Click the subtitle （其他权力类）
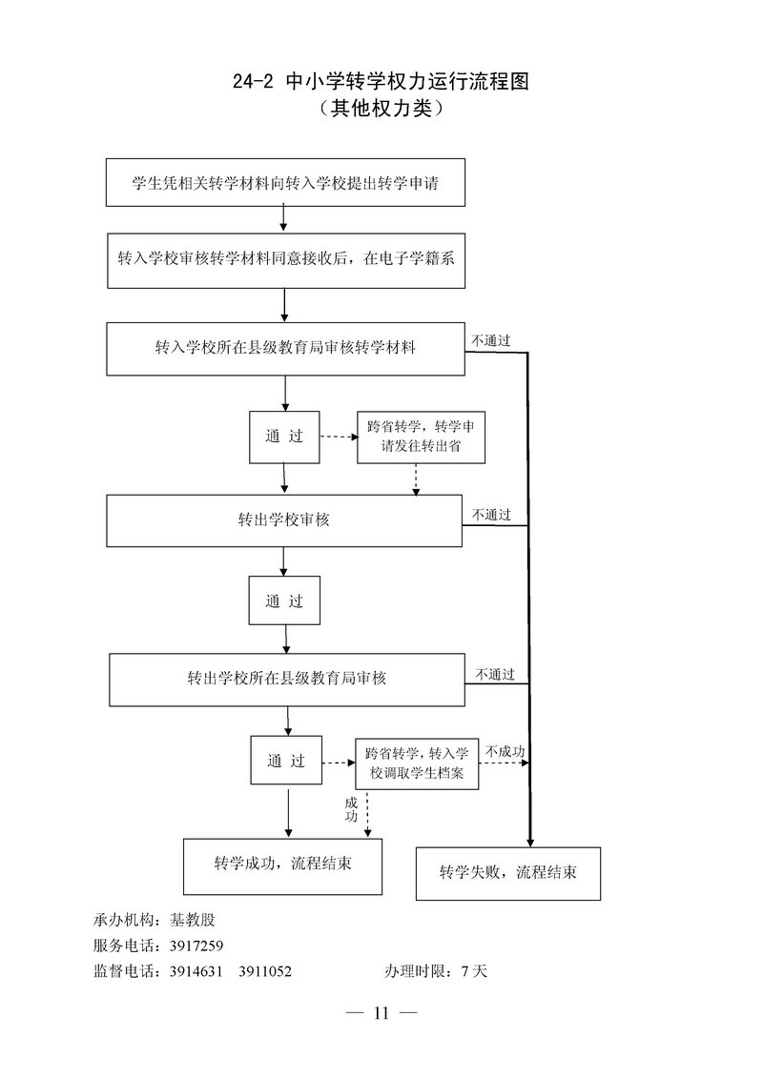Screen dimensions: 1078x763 381,110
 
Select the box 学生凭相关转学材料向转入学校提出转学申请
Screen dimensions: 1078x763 285,182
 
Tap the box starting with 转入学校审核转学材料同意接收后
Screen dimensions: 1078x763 286,259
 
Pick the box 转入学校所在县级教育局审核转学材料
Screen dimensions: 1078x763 285,348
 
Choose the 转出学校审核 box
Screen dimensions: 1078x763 284,519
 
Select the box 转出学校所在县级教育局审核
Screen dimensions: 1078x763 287,679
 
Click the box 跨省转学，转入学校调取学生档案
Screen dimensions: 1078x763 416,764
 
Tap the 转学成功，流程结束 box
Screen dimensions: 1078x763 282,865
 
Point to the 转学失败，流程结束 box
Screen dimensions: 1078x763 507,872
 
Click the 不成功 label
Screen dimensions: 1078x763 505,752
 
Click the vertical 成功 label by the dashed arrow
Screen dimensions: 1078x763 351,810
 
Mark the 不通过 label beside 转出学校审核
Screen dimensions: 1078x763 491,515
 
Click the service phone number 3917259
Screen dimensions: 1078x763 196,946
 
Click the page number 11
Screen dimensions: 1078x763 381,1013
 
